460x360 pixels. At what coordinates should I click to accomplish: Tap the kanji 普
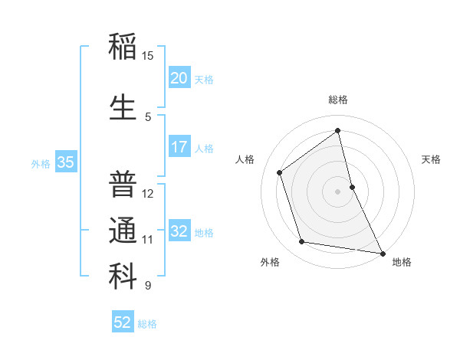coord(123,184)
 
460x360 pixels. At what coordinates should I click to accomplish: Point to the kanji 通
coord(123,231)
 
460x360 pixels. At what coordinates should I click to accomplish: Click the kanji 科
coord(123,277)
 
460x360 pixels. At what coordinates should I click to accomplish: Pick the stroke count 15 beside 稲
coord(148,56)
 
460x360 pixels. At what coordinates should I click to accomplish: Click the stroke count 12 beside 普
coord(148,194)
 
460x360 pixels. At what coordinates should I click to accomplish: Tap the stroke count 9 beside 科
coord(148,286)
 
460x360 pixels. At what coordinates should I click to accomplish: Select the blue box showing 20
coord(179,78)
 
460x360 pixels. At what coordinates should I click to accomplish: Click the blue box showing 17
coord(179,148)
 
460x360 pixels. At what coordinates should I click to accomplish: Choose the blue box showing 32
coord(179,232)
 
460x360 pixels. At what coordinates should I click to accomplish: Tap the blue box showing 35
coord(66,162)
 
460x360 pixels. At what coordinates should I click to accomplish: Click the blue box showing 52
coord(123,323)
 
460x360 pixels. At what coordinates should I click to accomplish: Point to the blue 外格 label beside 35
coord(41,163)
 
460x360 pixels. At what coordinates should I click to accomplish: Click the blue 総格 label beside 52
coord(147,324)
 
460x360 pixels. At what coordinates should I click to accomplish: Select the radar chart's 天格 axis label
coord(431,159)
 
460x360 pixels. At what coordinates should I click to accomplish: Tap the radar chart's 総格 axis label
coord(337,100)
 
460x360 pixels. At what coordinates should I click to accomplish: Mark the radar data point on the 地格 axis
coord(382,253)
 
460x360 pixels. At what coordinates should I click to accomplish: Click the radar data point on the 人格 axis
coord(280,172)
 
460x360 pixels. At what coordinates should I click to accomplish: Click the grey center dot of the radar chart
coord(337,191)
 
